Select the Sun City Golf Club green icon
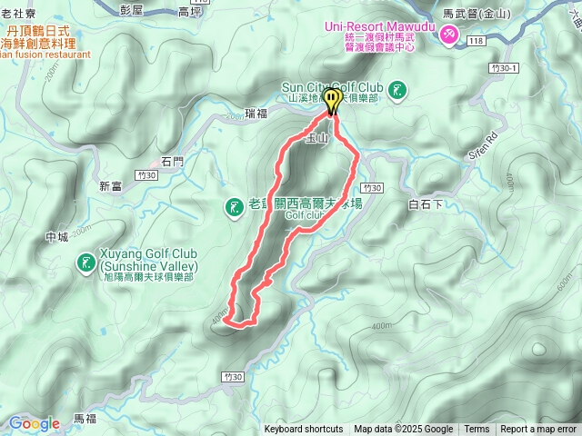(x=397, y=89)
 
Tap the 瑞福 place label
(x=256, y=114)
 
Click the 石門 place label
(x=172, y=162)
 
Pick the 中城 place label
(x=56, y=237)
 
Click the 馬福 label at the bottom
(x=85, y=418)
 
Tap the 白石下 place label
(x=426, y=205)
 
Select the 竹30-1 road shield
(x=503, y=68)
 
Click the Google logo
(x=35, y=423)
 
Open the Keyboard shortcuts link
(x=304, y=430)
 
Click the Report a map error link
(x=539, y=430)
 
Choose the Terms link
(x=477, y=430)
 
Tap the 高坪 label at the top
(x=190, y=12)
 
